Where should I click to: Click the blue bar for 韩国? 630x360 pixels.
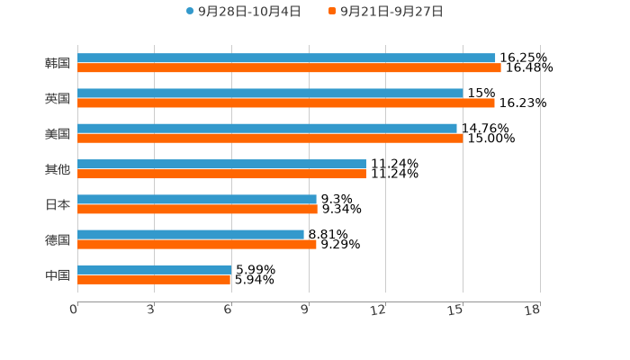click(286, 58)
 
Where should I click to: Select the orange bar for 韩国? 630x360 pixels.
click(289, 67)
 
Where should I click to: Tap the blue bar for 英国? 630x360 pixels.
click(270, 93)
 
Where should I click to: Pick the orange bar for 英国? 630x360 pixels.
click(286, 103)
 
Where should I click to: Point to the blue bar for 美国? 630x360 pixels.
click(267, 128)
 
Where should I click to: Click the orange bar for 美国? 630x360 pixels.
click(270, 138)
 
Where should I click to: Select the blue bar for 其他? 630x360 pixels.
click(221, 164)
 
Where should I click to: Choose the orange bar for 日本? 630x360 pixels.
click(197, 209)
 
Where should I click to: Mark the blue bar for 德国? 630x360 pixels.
click(191, 234)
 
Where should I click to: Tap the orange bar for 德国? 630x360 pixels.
click(197, 244)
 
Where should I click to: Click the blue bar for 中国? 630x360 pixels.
click(155, 269)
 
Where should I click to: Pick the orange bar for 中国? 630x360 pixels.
click(154, 279)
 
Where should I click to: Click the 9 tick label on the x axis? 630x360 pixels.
click(304, 310)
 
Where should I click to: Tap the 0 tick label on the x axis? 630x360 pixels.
click(74, 310)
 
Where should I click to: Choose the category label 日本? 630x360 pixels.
click(58, 204)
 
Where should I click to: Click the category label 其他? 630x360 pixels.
click(58, 169)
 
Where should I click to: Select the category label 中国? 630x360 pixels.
click(58, 274)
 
